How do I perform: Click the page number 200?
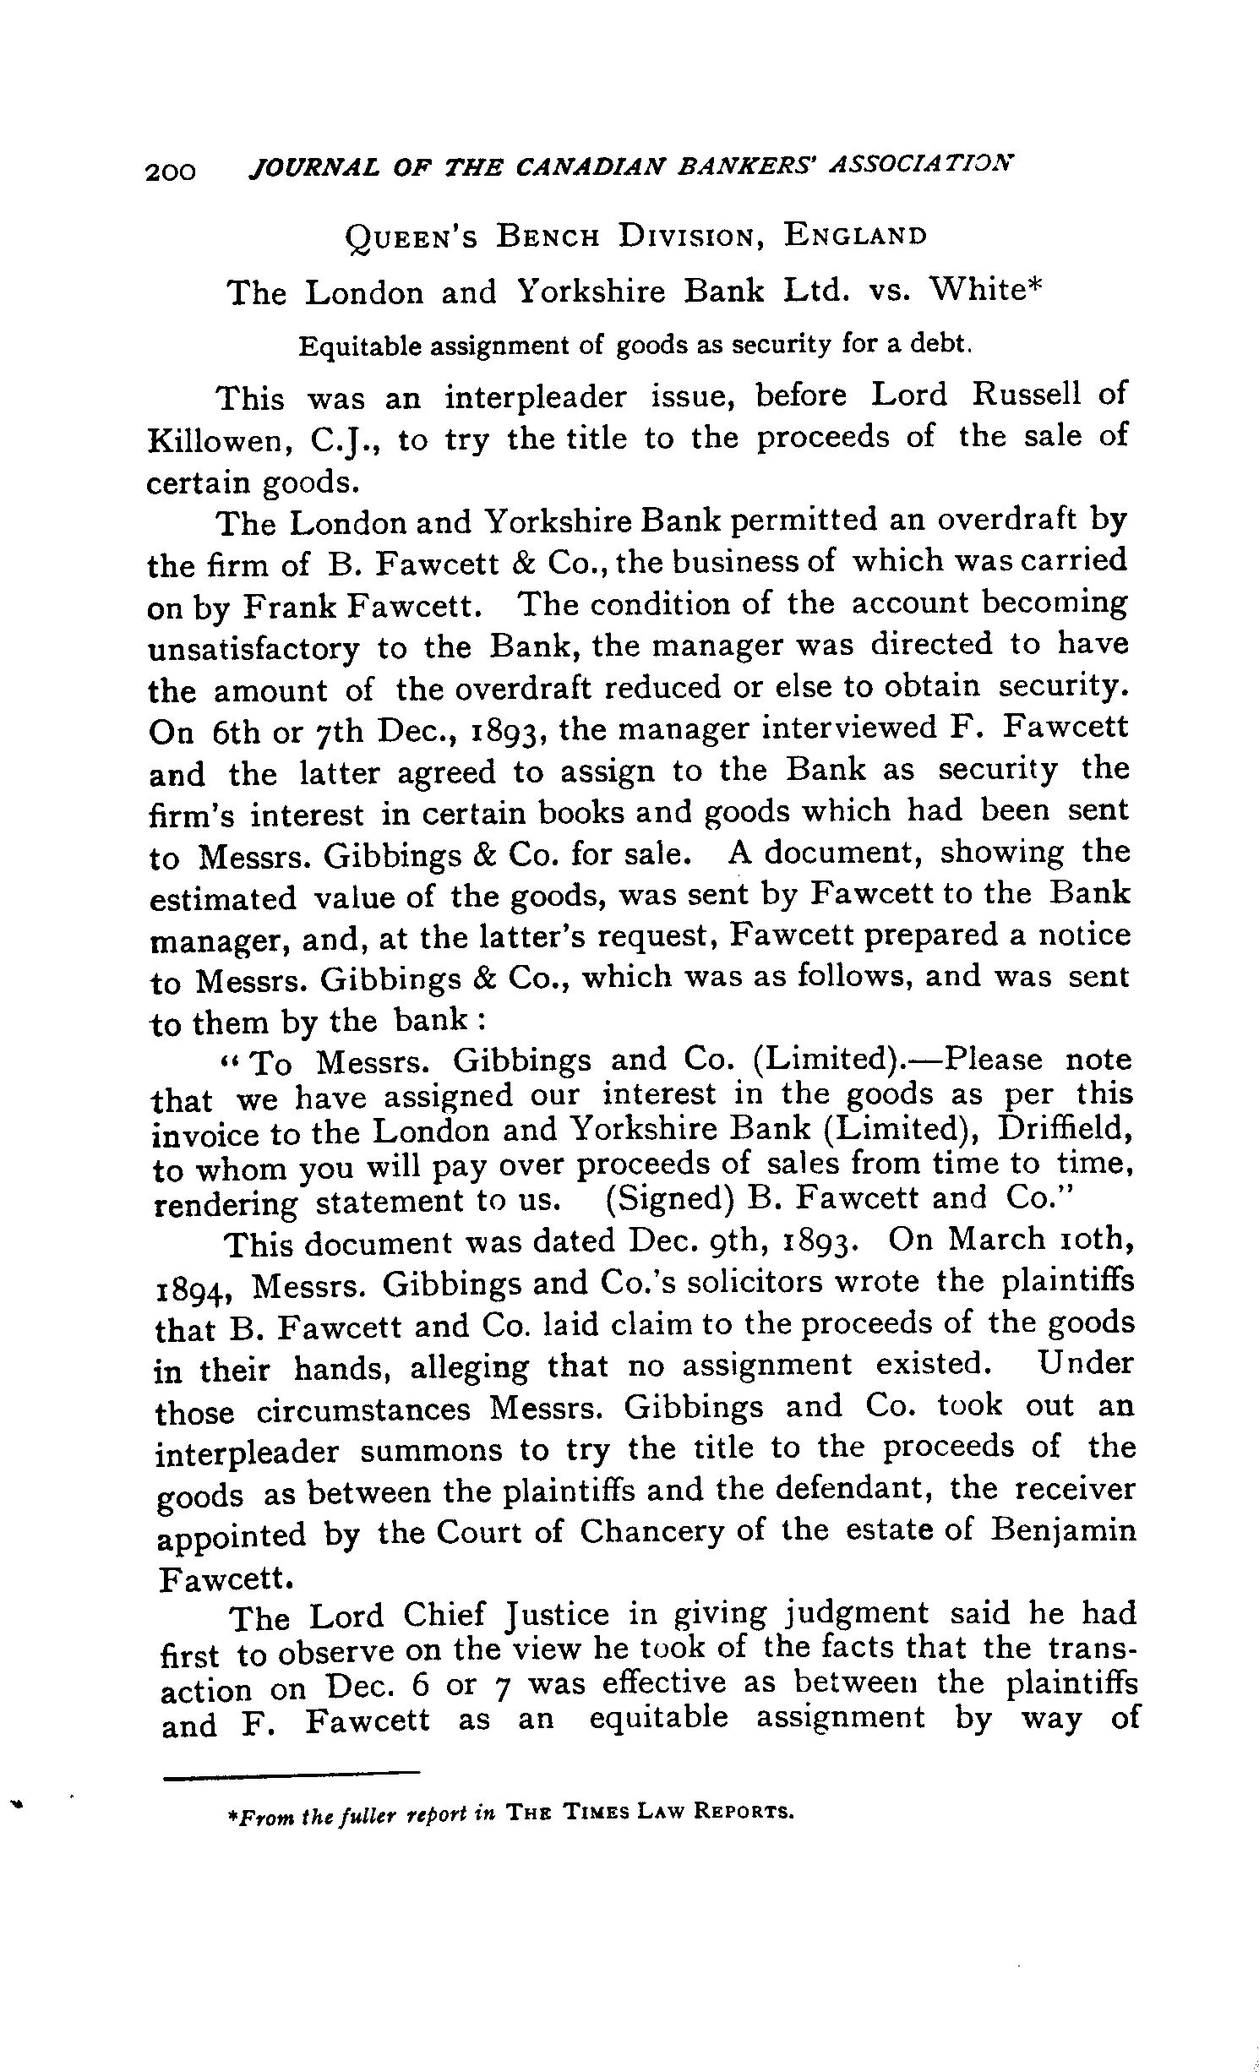point(171,171)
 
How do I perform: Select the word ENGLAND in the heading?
point(855,234)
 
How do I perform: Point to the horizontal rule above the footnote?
point(291,1773)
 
